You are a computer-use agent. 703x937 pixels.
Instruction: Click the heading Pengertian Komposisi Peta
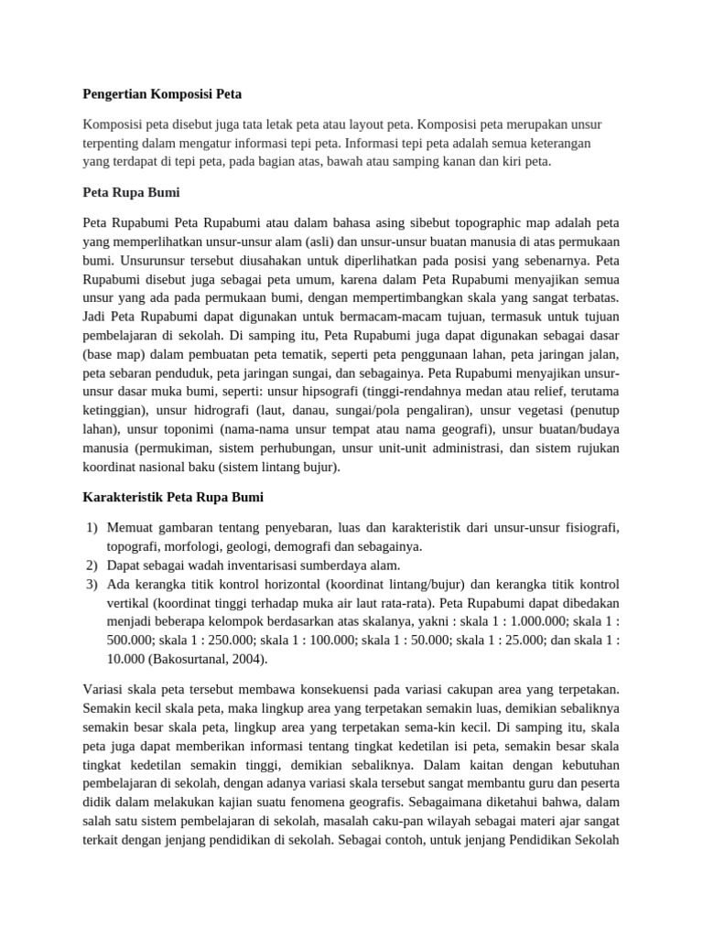[162, 93]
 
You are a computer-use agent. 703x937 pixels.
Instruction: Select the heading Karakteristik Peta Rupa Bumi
[173, 497]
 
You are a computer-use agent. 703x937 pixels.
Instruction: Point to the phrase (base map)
[119, 355]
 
